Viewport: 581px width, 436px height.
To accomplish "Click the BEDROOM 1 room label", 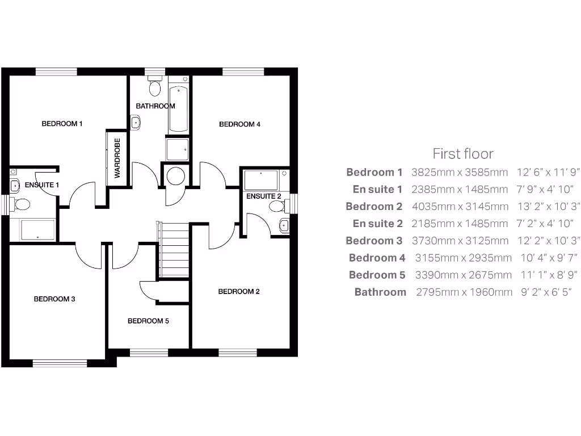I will (x=62, y=123).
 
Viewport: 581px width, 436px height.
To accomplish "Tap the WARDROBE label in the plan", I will (x=117, y=158).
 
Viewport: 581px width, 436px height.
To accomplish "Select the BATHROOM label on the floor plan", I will (x=155, y=106).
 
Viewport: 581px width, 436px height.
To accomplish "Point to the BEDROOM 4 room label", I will (x=239, y=124).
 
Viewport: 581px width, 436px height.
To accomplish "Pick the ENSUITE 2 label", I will (x=263, y=196).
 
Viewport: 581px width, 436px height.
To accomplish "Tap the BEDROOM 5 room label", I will (x=148, y=321).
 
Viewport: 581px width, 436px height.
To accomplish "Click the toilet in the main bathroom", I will (x=155, y=87).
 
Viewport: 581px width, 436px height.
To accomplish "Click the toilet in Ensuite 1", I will (x=22, y=204).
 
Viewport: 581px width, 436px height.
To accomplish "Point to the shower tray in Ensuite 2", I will (x=260, y=181).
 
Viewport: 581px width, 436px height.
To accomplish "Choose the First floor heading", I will (x=463, y=154).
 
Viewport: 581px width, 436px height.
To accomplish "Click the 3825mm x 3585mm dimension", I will (x=460, y=173).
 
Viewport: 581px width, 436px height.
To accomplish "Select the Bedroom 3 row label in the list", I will (x=374, y=241).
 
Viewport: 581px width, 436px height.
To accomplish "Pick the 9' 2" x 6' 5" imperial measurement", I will (x=546, y=292).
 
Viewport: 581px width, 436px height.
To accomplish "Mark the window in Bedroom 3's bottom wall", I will (x=56, y=362).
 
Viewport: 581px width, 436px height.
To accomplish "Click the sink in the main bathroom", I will (x=136, y=122).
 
